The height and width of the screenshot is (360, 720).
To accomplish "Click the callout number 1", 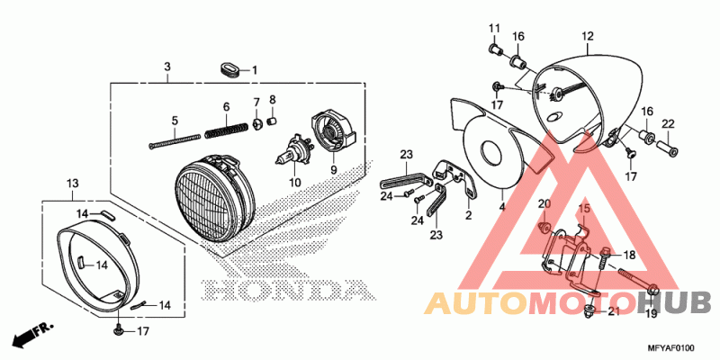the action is coord(254,70).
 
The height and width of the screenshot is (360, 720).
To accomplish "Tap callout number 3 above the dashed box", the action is coord(167,67).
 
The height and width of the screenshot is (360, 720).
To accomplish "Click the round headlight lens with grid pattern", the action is coord(211,197).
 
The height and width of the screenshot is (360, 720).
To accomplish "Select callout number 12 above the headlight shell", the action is coord(587,36).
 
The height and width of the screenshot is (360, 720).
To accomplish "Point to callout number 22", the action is coord(668,123).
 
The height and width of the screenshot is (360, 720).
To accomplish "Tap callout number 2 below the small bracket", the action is coord(469,216).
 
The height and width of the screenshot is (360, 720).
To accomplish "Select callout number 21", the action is coord(613,312).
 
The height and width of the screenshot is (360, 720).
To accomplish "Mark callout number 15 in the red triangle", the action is coord(582,208).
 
